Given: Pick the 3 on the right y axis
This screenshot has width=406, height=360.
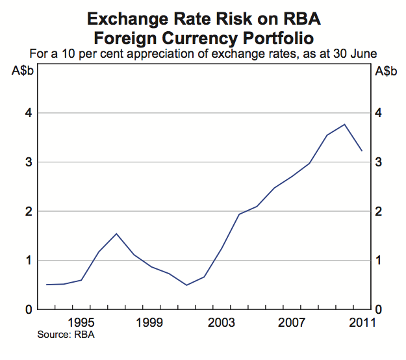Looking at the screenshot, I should coord(380,162).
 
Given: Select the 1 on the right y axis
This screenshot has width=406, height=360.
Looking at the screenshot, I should coord(380,261).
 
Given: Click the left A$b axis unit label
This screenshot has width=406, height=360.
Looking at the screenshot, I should coord(24,71).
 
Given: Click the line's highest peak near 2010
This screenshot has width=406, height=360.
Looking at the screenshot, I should coord(344,124).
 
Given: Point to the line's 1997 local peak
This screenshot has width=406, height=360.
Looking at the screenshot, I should coord(116,233).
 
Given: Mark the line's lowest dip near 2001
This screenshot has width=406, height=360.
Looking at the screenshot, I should coord(186,285).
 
